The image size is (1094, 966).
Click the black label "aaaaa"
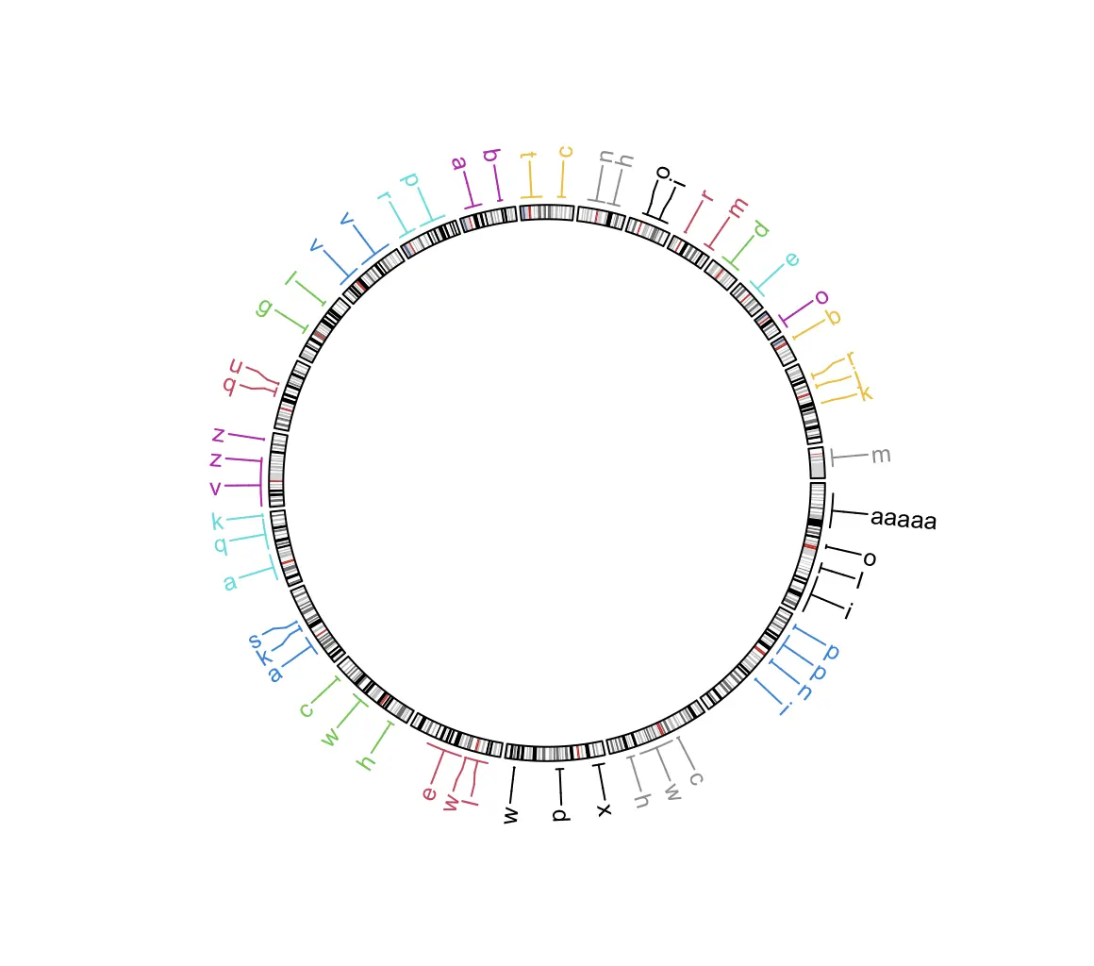click(x=903, y=519)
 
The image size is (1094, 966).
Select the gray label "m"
click(x=881, y=456)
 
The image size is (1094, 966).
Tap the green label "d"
click(x=761, y=229)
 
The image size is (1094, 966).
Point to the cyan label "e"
click(x=791, y=259)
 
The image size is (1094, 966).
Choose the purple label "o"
click(x=821, y=298)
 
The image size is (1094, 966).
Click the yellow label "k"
click(x=865, y=392)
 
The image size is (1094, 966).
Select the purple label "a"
click(x=459, y=163)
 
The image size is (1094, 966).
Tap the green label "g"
click(x=265, y=307)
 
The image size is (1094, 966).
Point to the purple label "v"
click(x=216, y=488)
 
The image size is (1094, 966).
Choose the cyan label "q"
click(x=221, y=544)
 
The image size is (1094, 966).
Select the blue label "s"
click(x=255, y=641)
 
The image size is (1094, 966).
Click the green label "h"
click(x=367, y=760)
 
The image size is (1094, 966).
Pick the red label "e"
click(x=430, y=793)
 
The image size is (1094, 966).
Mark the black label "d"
click(x=559, y=813)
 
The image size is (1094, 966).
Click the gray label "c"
click(x=696, y=778)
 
